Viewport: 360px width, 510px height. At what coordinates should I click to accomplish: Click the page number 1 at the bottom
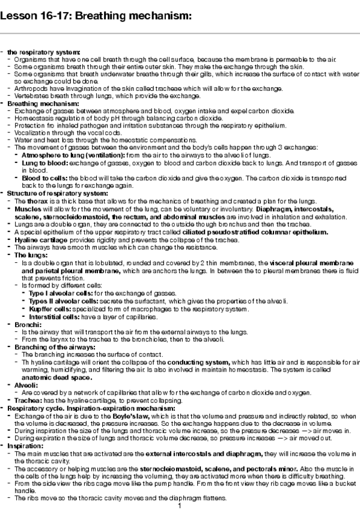point(180,505)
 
